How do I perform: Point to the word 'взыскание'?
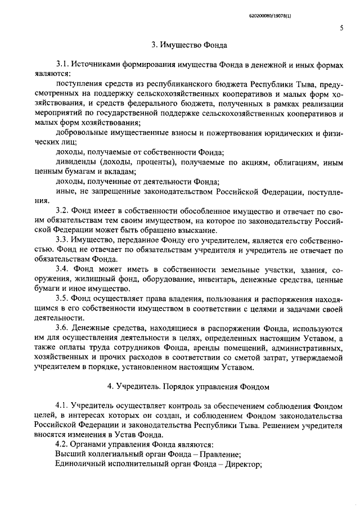tap(201, 230)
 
